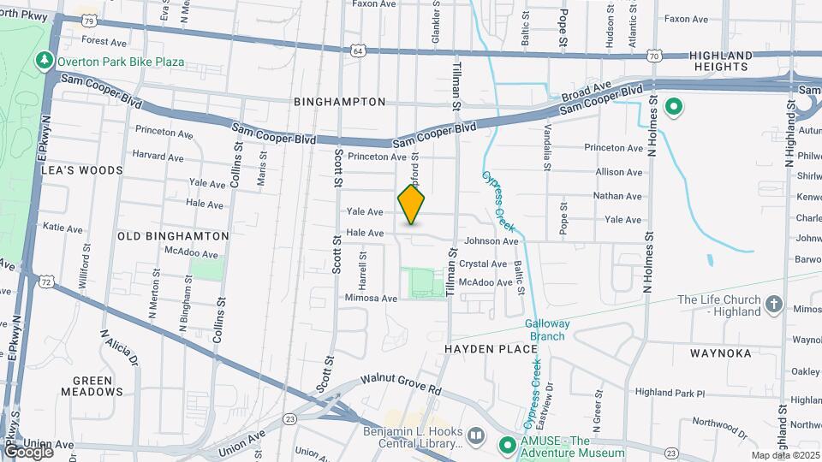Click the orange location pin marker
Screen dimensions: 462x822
point(412,204)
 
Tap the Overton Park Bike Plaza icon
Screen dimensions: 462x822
point(45,62)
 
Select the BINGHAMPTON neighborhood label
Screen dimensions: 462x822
point(340,102)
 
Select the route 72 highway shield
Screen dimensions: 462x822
point(46,281)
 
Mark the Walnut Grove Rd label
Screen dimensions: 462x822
point(400,382)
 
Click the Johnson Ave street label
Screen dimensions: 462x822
point(491,241)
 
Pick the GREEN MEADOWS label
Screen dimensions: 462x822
point(92,386)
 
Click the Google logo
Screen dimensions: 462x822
point(28,451)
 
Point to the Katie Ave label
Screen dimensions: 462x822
point(63,228)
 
